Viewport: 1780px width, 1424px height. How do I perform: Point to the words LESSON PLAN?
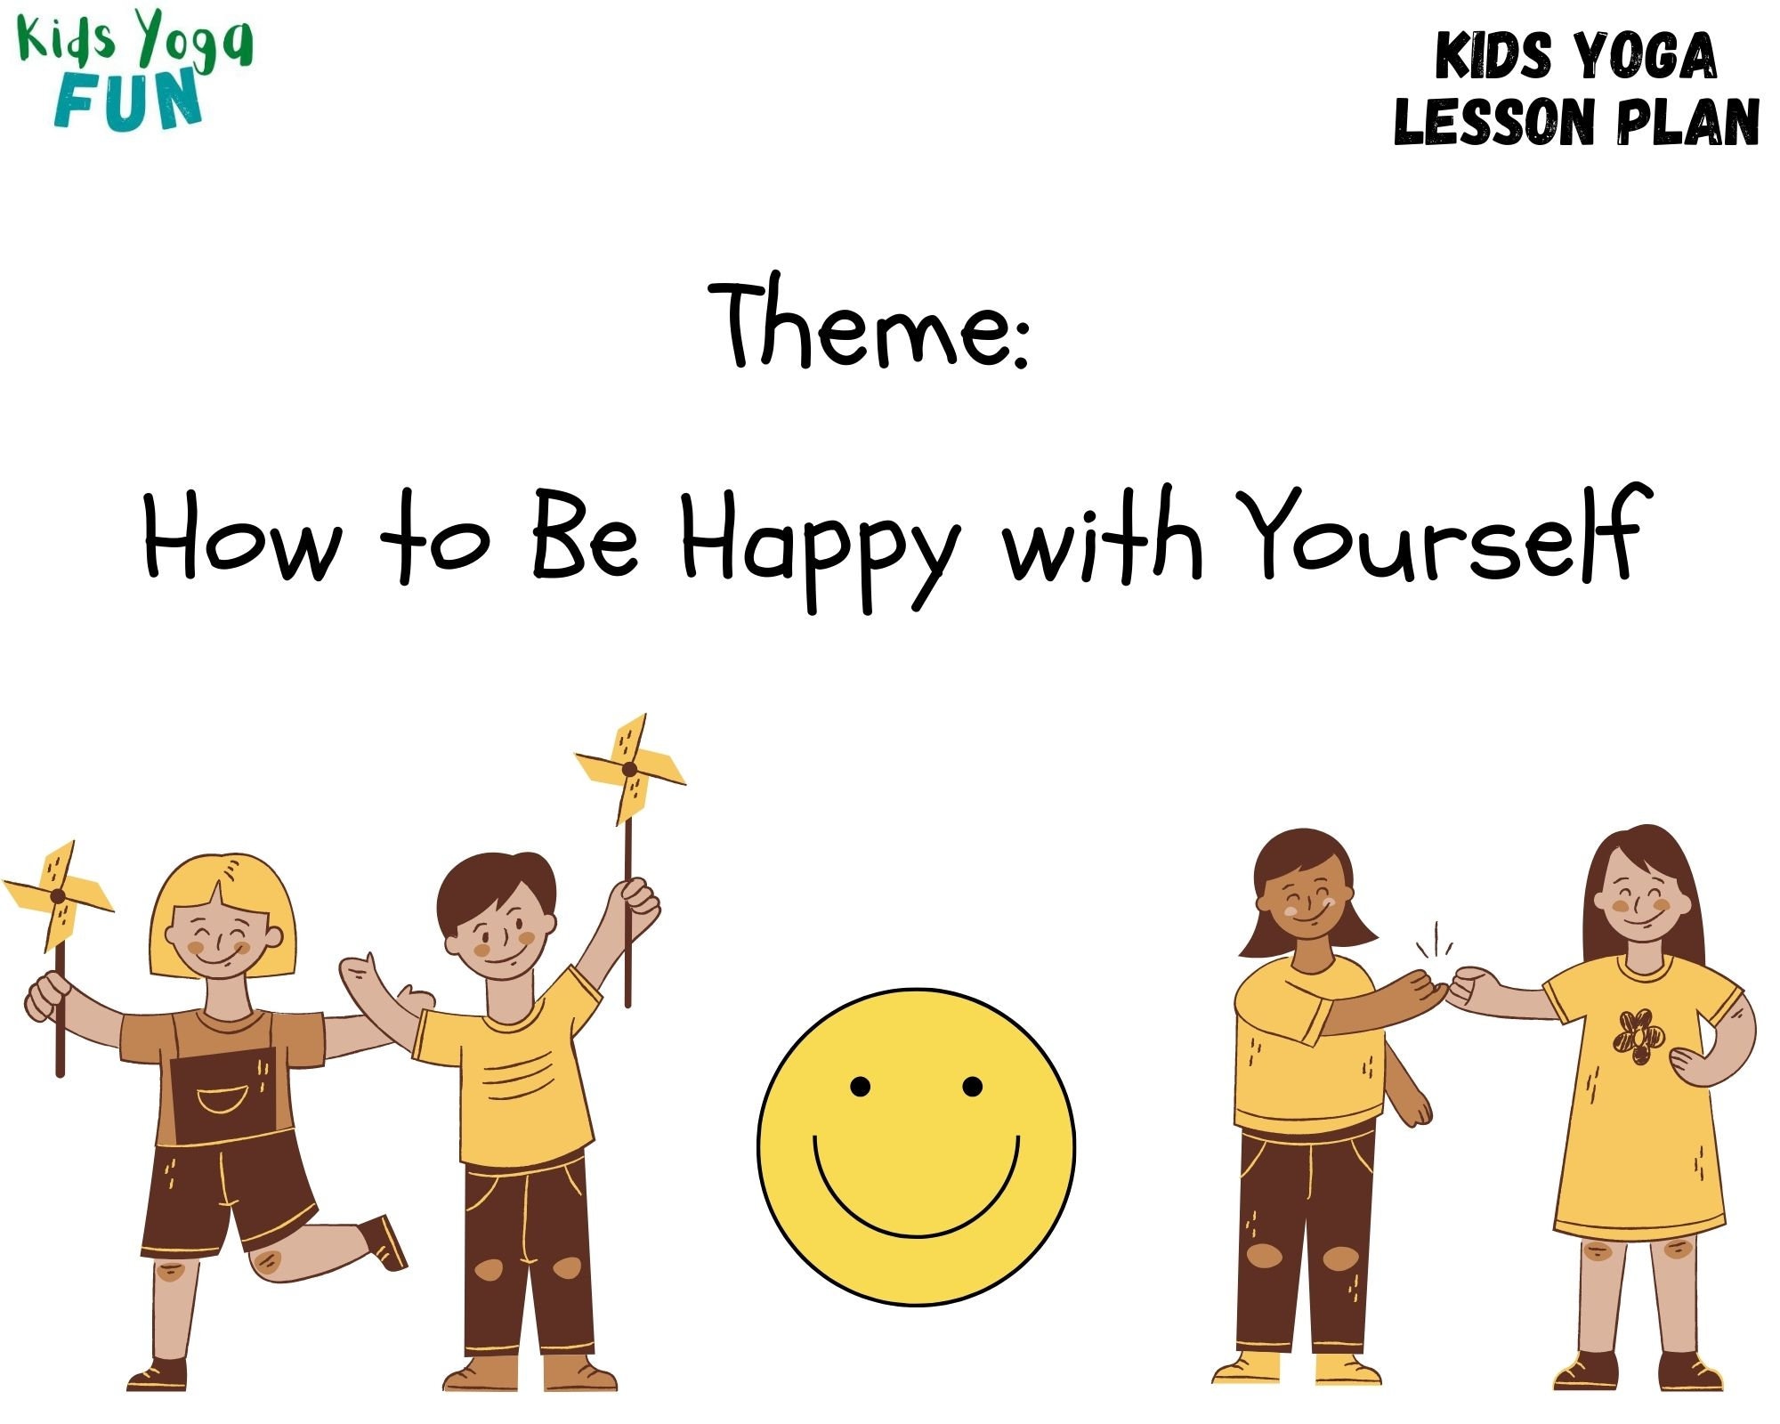pyautogui.click(x=1576, y=122)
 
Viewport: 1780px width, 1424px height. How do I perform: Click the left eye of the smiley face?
pyautogui.click(x=860, y=1086)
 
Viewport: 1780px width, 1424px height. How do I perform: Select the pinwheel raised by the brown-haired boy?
pyautogui.click(x=630, y=768)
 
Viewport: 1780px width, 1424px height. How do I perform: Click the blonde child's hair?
pyautogui.click(x=222, y=890)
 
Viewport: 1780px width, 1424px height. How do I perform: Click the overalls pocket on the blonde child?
pyautogui.click(x=222, y=1100)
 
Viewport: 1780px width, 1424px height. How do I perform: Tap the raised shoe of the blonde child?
pyautogui.click(x=384, y=1242)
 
